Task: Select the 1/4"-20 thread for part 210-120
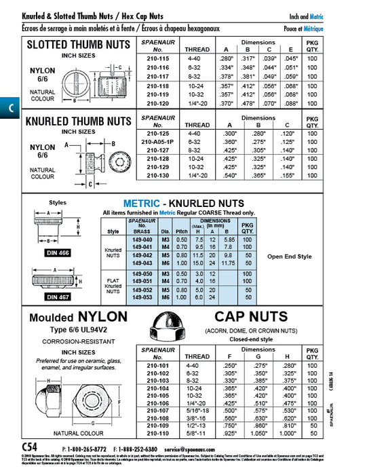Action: click(x=197, y=103)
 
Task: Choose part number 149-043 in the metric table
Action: click(x=144, y=263)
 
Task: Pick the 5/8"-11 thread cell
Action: click(x=197, y=432)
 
